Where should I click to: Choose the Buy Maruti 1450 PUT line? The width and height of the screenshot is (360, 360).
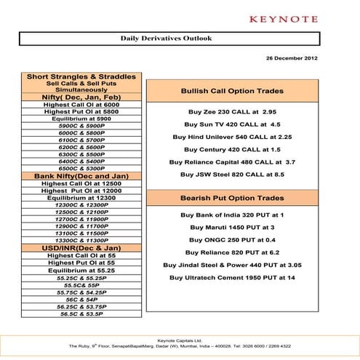[x=230, y=227]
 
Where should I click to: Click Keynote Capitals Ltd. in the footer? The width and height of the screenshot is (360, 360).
[x=180, y=340]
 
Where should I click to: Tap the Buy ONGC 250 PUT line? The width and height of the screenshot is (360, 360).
[x=230, y=239]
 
